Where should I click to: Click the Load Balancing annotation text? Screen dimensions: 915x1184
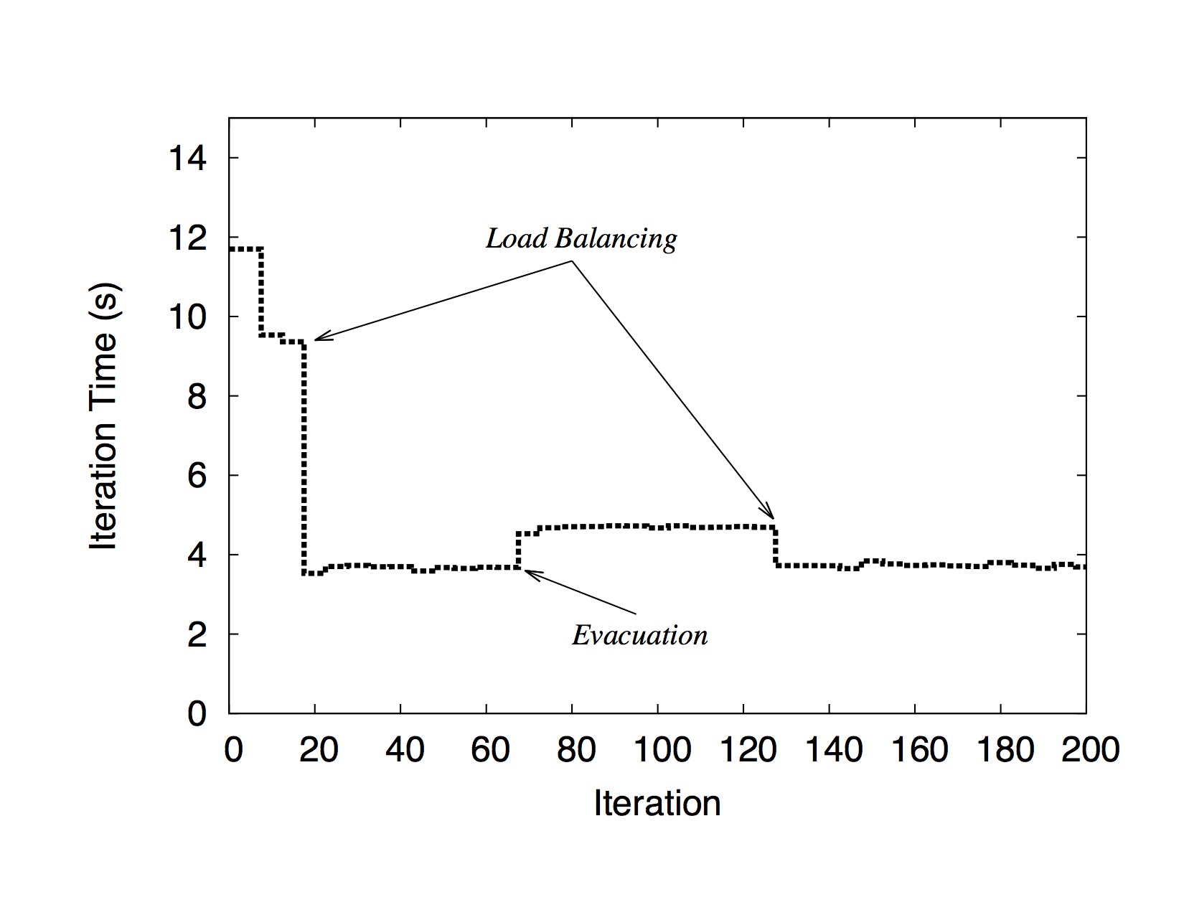pos(581,238)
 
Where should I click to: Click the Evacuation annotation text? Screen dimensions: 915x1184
pos(639,635)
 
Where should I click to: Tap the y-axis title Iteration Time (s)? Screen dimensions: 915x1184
pos(104,416)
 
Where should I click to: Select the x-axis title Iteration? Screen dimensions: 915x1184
pos(657,803)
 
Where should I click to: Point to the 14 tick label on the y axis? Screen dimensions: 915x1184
pos(187,159)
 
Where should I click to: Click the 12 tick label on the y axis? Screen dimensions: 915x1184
pos(187,238)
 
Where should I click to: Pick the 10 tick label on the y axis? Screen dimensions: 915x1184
pos(187,317)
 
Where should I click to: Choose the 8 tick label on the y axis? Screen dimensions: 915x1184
pos(197,396)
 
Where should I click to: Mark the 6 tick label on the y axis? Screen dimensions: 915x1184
pos(197,476)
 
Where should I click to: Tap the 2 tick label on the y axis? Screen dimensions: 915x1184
pos(197,634)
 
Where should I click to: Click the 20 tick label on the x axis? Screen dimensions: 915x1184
pos(319,750)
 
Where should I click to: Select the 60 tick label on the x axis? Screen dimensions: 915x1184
pos(490,750)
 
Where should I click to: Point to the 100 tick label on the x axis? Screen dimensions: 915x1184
pos(662,750)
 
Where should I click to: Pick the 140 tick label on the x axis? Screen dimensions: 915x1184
pos(833,750)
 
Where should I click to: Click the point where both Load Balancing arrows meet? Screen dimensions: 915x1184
pos(572,261)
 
